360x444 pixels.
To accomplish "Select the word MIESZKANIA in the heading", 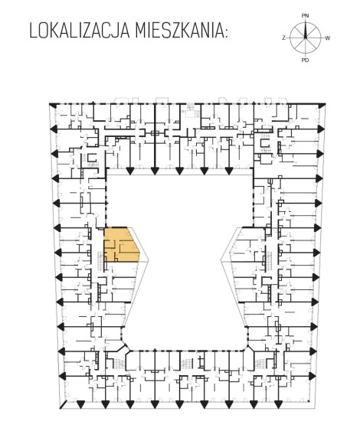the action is pyautogui.click(x=177, y=31).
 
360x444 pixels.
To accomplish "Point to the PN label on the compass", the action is pyautogui.click(x=305, y=16).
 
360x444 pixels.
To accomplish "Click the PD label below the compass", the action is pyautogui.click(x=305, y=60).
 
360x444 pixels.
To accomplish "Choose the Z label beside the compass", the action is pyautogui.click(x=283, y=38).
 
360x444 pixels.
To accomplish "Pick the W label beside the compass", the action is pyautogui.click(x=327, y=38).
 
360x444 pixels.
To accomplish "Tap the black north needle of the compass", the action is pyautogui.click(x=306, y=31).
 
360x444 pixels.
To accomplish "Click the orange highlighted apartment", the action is pyautogui.click(x=120, y=244).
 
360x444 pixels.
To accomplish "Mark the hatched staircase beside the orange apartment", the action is pyautogui.click(x=100, y=260).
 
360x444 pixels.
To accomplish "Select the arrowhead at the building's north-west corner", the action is pyautogui.click(x=52, y=105).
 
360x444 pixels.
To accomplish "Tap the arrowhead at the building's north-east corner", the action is pyautogui.click(x=321, y=106).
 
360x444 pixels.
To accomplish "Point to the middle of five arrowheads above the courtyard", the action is pyautogui.click(x=179, y=171).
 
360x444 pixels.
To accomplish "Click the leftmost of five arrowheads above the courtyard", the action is pyautogui.click(x=130, y=171).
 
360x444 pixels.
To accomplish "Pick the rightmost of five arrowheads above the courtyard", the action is pyautogui.click(x=228, y=171).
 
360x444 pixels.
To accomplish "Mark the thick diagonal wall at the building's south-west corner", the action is pyautogui.click(x=64, y=405).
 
